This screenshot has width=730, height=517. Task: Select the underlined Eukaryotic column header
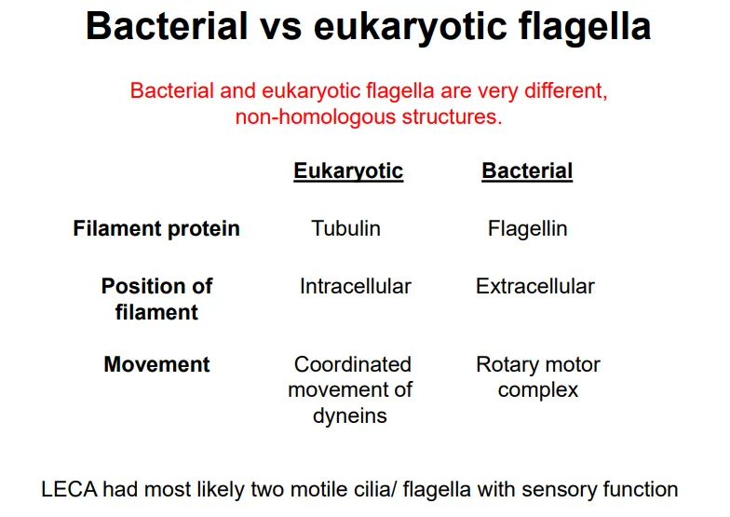pyautogui.click(x=348, y=171)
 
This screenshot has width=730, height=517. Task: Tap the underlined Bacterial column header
pyautogui.click(x=527, y=171)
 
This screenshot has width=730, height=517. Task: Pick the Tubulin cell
pyautogui.click(x=345, y=229)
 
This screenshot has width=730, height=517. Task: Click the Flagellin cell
pyautogui.click(x=527, y=229)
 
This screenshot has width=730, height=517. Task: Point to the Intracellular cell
pyautogui.click(x=355, y=287)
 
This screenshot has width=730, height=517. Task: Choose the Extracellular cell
pyautogui.click(x=534, y=287)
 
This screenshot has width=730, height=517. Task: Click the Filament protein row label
pyautogui.click(x=156, y=229)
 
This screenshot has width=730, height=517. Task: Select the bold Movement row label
pyautogui.click(x=156, y=364)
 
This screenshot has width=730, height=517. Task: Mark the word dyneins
pyautogui.click(x=350, y=416)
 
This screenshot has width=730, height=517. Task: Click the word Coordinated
pyautogui.click(x=352, y=364)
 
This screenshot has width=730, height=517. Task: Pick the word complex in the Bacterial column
pyautogui.click(x=538, y=390)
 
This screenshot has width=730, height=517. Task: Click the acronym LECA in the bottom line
pyautogui.click(x=71, y=489)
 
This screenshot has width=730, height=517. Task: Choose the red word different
pyautogui.click(x=560, y=92)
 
